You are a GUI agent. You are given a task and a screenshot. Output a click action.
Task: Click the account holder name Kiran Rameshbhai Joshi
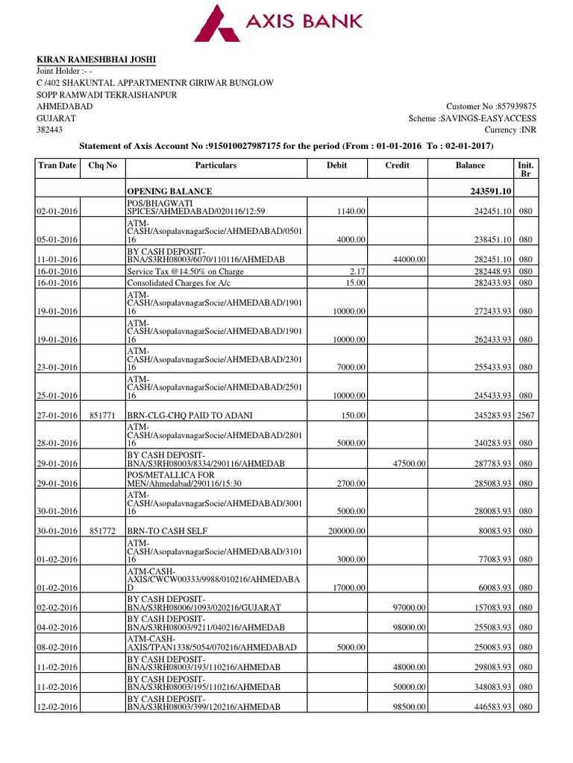[x=97, y=60]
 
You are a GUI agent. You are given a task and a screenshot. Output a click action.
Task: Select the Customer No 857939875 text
[x=491, y=107]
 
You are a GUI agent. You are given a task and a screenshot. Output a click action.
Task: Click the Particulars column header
[x=216, y=165]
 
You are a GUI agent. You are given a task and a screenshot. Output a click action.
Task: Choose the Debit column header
[x=337, y=165]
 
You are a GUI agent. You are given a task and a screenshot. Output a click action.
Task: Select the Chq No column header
[x=103, y=165]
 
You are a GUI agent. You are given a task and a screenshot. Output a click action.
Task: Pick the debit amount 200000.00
[x=345, y=531]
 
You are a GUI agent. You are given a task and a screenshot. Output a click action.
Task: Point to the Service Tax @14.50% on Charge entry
[x=185, y=271]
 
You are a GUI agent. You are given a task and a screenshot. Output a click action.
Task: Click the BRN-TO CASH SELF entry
[x=168, y=531]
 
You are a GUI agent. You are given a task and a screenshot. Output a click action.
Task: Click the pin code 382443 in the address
[x=49, y=130]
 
